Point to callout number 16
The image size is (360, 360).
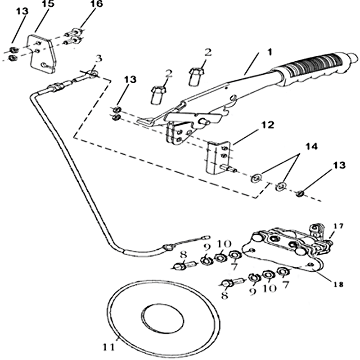coord(96,5)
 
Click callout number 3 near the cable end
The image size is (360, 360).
coord(99,59)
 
